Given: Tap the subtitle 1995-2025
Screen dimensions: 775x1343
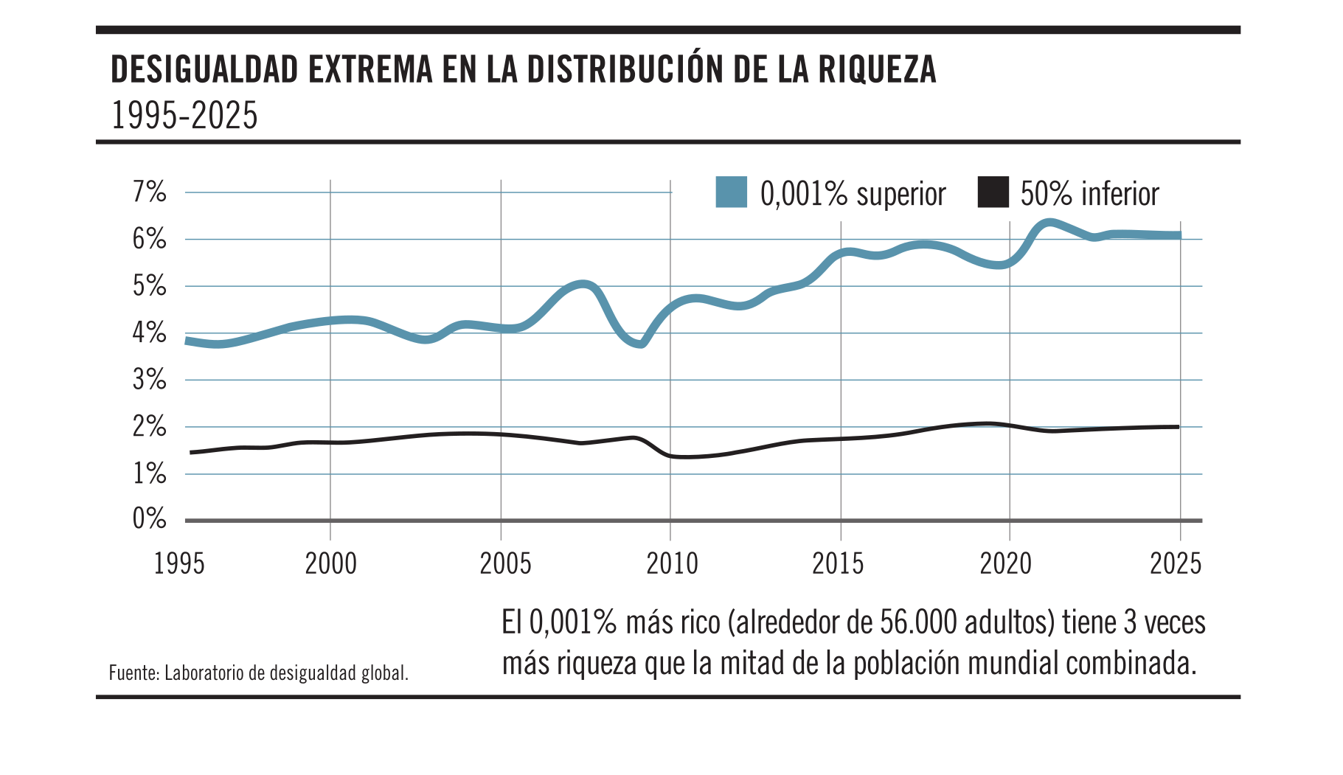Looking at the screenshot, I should (184, 116).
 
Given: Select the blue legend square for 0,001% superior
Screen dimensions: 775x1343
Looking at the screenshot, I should (731, 192).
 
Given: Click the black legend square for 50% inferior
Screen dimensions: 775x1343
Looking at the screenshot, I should (993, 192).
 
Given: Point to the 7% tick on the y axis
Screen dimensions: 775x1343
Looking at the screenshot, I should (150, 192).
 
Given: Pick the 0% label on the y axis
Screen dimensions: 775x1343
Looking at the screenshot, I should (150, 519).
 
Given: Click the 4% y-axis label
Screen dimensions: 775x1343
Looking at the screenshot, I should (150, 333).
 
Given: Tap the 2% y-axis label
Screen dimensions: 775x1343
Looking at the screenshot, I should (150, 426).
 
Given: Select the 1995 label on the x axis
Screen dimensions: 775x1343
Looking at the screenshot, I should (179, 564).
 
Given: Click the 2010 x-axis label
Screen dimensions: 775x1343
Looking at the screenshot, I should (672, 564).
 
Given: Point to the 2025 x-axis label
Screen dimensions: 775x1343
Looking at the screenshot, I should (1176, 564).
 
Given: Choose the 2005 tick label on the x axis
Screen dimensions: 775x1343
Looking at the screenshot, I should (505, 564).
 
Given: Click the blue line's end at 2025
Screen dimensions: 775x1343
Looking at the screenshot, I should (1179, 235).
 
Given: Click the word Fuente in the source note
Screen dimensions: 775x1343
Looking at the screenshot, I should (133, 673).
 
